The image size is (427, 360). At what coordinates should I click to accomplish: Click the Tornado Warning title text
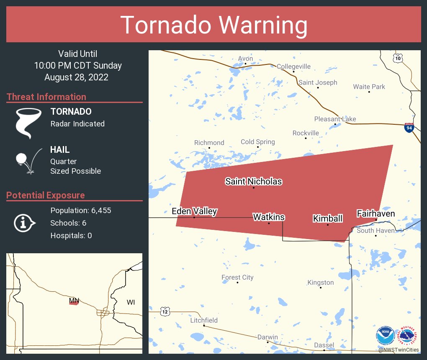click(214, 25)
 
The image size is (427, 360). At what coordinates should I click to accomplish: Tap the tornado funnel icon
click(28, 123)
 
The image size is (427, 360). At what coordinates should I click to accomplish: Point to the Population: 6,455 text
click(80, 211)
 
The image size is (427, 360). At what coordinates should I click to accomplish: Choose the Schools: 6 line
click(68, 223)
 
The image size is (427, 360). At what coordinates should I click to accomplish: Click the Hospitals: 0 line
click(71, 236)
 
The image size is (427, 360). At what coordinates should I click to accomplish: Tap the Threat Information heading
click(46, 97)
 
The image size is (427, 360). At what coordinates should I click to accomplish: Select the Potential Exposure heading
click(46, 195)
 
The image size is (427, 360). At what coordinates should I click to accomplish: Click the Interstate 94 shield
click(409, 128)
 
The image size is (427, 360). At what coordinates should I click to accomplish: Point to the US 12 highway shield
click(165, 311)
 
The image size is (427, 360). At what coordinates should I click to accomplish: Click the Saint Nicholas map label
click(253, 181)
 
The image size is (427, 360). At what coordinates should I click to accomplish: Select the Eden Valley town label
click(194, 211)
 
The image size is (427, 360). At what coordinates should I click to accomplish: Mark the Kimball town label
click(328, 219)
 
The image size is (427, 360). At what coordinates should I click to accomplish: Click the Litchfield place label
click(204, 320)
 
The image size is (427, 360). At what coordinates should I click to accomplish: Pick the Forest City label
click(237, 277)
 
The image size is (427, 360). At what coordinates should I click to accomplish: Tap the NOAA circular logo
click(385, 336)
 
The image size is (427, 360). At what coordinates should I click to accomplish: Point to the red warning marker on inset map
click(74, 303)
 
